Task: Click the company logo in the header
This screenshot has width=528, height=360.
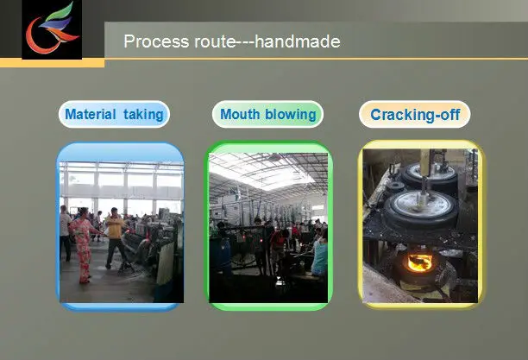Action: (x=52, y=29)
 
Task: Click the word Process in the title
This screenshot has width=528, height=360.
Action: (x=156, y=41)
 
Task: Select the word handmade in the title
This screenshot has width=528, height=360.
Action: (x=298, y=41)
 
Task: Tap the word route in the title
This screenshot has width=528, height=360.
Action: (x=215, y=42)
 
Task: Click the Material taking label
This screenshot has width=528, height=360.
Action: (x=114, y=114)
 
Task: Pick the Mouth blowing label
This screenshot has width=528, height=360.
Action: (x=267, y=114)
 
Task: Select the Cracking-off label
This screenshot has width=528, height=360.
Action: (x=415, y=114)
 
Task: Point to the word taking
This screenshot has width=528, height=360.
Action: (x=143, y=115)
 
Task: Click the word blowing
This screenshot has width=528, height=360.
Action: (x=291, y=115)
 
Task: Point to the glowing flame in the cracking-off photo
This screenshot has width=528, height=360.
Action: (x=419, y=262)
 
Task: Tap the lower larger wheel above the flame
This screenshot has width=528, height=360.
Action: (x=421, y=208)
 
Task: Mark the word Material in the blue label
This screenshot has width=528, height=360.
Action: (x=91, y=114)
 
